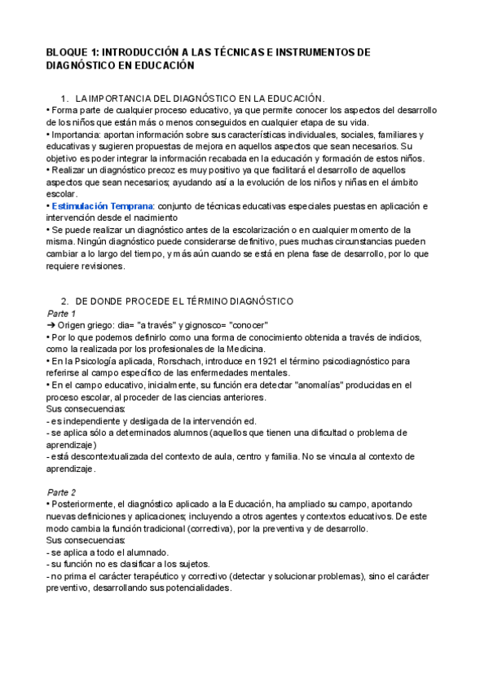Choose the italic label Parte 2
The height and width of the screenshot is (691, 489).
click(62, 493)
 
